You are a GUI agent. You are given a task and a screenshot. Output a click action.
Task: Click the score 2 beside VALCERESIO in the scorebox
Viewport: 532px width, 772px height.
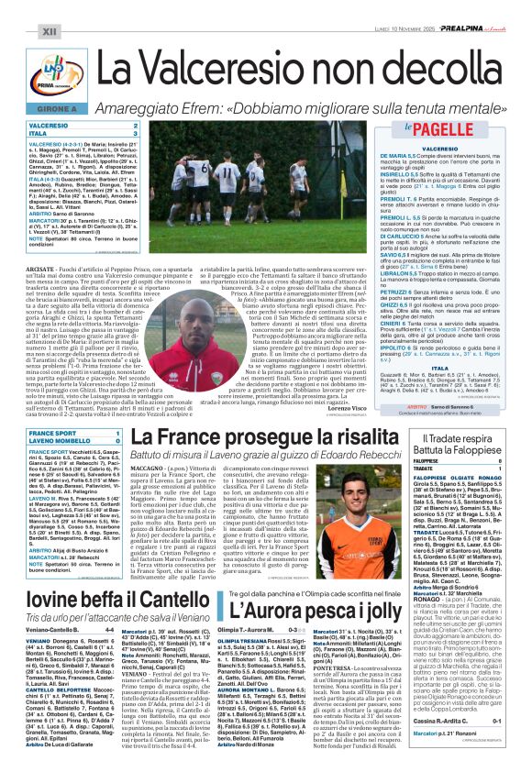[x=136, y=125]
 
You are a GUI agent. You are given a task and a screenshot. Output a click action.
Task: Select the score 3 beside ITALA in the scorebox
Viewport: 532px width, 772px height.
[x=136, y=133]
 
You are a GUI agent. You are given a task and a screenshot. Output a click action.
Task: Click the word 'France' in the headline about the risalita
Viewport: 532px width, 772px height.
[x=200, y=438]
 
